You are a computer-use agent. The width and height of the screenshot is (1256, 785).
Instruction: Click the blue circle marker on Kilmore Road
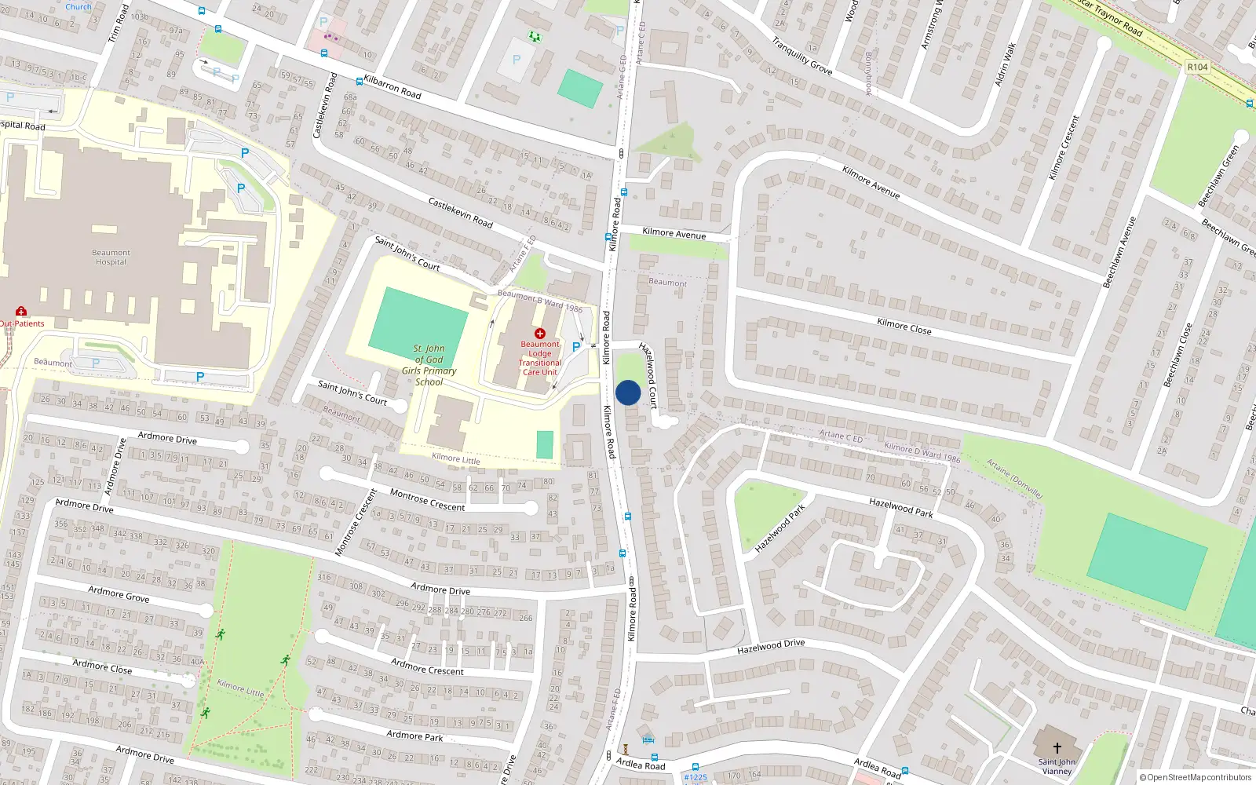click(x=628, y=392)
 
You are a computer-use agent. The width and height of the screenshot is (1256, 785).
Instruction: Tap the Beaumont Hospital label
click(x=111, y=257)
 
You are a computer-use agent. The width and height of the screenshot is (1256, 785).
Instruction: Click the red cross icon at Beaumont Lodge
click(x=539, y=334)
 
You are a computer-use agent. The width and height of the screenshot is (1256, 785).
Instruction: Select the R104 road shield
click(x=1197, y=67)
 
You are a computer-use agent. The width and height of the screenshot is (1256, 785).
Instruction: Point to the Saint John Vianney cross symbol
click(x=1057, y=748)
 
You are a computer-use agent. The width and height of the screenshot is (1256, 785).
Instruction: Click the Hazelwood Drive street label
click(x=770, y=646)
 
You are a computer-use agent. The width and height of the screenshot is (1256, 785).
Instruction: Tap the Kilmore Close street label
click(x=904, y=326)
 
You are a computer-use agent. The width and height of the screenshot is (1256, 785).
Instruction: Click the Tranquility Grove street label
click(x=801, y=56)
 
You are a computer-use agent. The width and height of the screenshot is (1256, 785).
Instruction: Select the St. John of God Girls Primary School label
click(x=429, y=365)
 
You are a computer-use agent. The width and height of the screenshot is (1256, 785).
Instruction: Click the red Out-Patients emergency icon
click(x=20, y=312)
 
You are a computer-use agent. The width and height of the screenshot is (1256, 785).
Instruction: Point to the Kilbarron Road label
click(x=392, y=87)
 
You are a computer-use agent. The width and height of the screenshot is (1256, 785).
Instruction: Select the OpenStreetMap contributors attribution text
click(x=1195, y=777)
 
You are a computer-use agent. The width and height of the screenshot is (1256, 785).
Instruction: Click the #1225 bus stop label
click(x=695, y=777)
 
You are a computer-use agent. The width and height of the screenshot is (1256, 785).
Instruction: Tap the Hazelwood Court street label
click(x=648, y=375)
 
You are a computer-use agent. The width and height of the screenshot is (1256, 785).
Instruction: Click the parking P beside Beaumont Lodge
click(x=576, y=347)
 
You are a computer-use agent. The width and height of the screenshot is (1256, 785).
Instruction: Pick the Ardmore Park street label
click(x=414, y=736)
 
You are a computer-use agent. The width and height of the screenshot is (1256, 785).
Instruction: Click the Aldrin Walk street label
click(x=1005, y=64)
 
